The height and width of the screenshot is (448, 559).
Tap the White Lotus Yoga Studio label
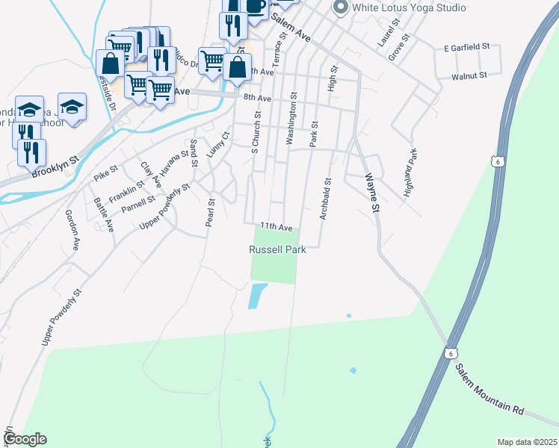409,7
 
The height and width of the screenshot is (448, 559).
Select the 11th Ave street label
275,226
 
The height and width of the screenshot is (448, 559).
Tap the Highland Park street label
410,172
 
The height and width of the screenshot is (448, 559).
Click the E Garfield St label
466,47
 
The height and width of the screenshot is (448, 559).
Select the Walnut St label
469,75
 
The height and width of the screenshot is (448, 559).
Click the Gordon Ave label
72,228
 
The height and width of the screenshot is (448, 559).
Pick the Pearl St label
210,213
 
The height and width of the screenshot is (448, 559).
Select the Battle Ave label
103,214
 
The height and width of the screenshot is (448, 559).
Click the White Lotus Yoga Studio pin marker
340,7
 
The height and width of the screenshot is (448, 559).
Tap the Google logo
25,439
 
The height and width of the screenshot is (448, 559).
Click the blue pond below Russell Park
256,296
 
